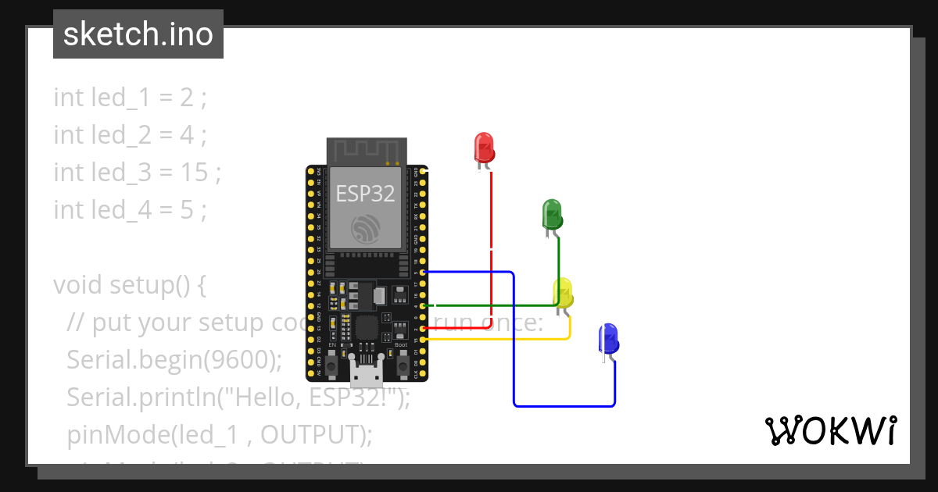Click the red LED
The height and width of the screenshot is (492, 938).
[x=484, y=147]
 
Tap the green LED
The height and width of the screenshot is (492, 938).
[x=552, y=213]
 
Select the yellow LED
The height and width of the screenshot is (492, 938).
[x=563, y=293]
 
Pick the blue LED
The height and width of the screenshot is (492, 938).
[x=608, y=338]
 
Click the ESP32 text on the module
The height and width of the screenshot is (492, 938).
[x=366, y=193]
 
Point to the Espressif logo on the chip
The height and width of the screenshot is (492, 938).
[x=366, y=229]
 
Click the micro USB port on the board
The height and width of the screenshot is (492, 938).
[x=366, y=376]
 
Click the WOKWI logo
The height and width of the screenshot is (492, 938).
[x=829, y=431]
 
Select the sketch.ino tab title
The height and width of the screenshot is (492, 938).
[x=138, y=34]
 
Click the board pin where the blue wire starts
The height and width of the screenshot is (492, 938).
[x=423, y=272]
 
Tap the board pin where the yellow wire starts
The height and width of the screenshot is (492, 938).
[x=423, y=340]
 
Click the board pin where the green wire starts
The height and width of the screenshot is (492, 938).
[x=423, y=306]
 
